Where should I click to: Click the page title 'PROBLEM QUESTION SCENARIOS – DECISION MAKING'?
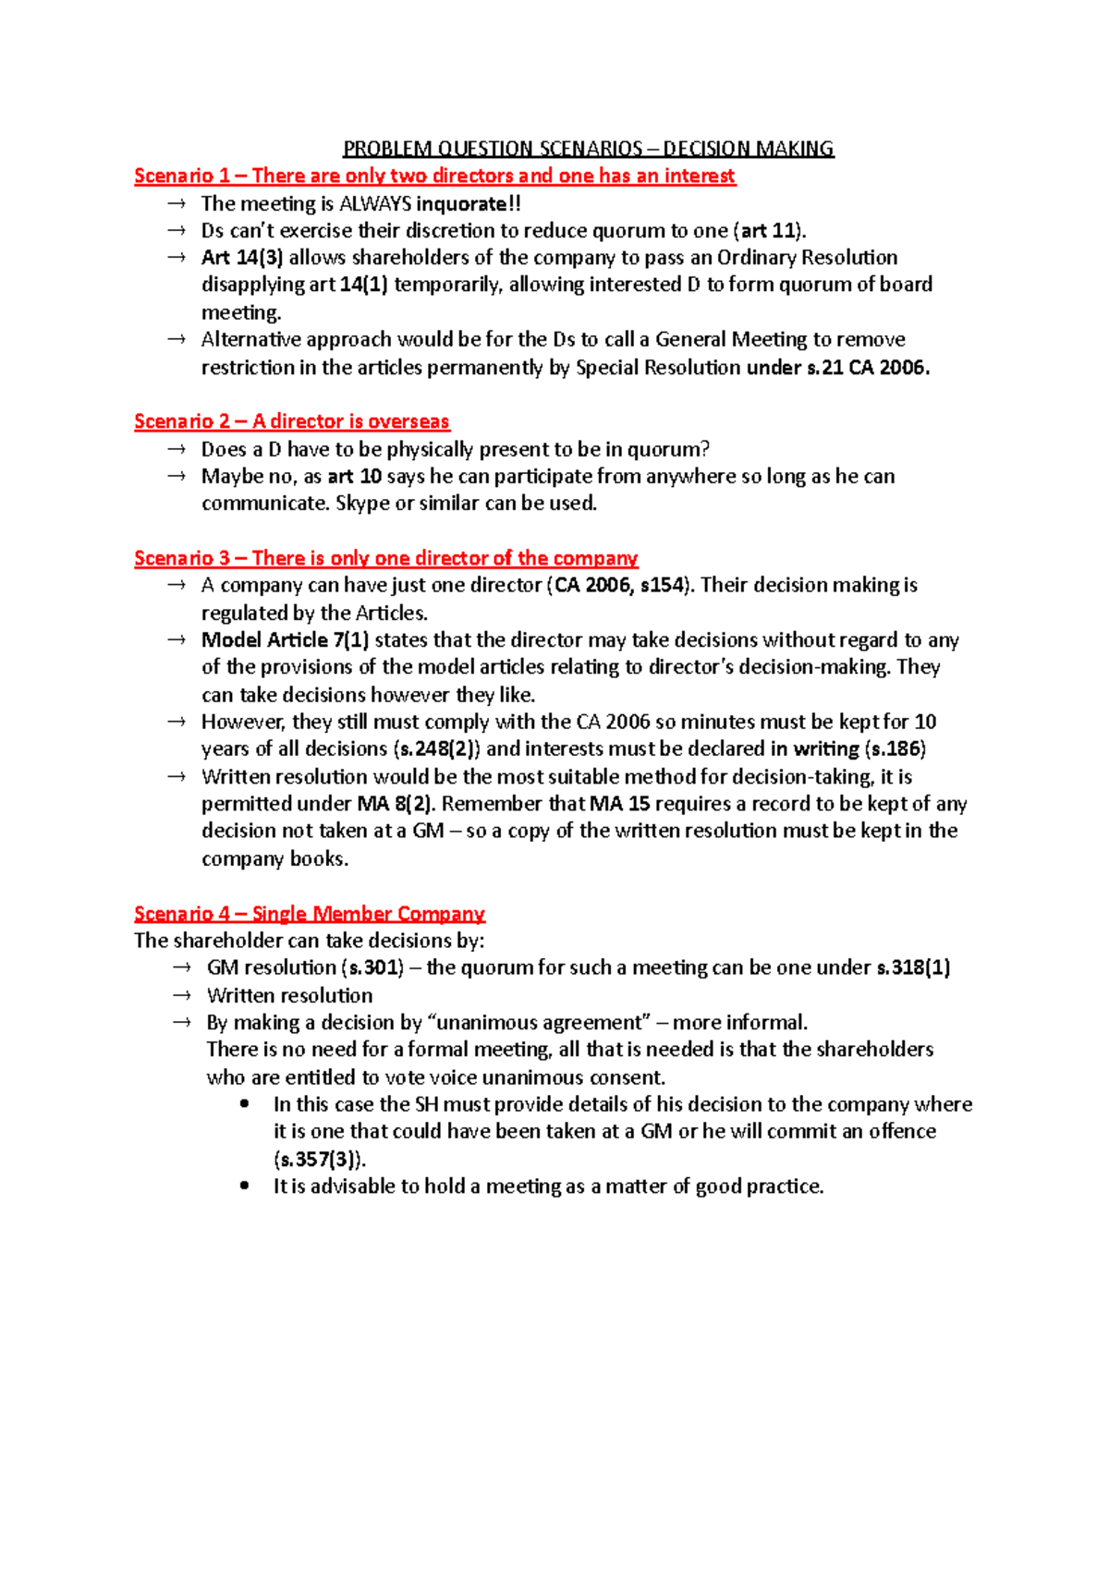[588, 149]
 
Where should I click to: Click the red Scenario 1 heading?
[434, 176]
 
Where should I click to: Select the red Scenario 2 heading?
[291, 421]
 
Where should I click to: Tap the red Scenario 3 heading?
[385, 558]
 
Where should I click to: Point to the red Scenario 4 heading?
[309, 914]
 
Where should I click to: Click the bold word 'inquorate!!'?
[469, 203]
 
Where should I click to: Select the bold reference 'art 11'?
[769, 231]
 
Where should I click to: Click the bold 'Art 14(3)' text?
[242, 258]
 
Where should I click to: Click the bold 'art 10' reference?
[355, 477]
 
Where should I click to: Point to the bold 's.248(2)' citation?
[436, 749]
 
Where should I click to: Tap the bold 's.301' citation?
[373, 968]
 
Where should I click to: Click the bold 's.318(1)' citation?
[913, 968]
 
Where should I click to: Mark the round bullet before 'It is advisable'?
[244, 1186]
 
